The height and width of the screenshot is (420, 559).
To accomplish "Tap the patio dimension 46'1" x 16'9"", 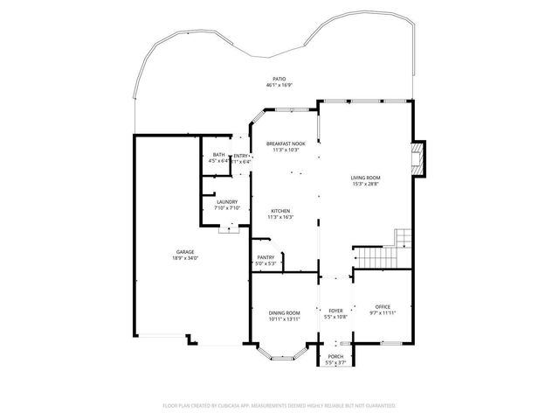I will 279,86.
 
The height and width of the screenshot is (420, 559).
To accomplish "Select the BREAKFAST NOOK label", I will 286,143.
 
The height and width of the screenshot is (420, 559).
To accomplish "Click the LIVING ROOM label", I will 366,178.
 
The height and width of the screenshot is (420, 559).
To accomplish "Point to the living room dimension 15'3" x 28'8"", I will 366,184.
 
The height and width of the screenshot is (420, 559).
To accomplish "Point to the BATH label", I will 217,155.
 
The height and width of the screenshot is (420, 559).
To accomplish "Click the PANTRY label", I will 266,257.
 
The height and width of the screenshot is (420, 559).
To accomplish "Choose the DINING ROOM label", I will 285,312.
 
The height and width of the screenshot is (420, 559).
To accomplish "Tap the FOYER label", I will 336,311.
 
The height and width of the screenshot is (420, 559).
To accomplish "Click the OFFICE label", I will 383,306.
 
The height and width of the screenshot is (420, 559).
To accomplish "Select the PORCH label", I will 335,357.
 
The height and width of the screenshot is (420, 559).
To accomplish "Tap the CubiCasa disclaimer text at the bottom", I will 279,406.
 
